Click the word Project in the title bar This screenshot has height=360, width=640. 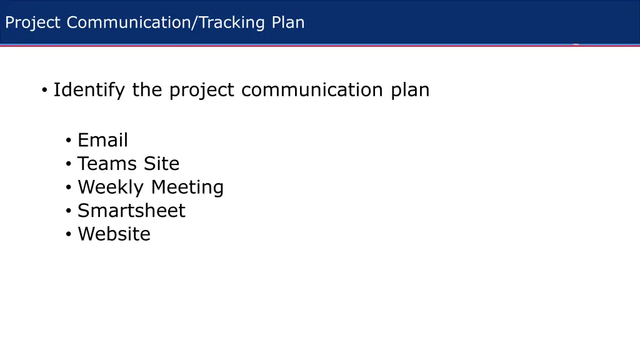click(32, 23)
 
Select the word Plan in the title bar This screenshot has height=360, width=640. click(288, 23)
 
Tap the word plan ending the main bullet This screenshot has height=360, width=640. click(410, 91)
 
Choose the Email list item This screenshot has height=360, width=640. click(102, 140)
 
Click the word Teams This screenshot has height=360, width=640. click(107, 164)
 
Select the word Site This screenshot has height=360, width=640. click(161, 164)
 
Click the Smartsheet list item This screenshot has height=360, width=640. click(131, 211)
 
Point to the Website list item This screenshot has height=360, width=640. click(114, 234)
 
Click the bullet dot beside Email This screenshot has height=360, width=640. click(67, 141)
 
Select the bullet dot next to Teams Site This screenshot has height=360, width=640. click(67, 164)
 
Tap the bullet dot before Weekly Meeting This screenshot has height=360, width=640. click(67, 188)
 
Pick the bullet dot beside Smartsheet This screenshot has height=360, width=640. click(67, 211)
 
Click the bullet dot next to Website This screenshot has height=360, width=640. click(67, 235)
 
